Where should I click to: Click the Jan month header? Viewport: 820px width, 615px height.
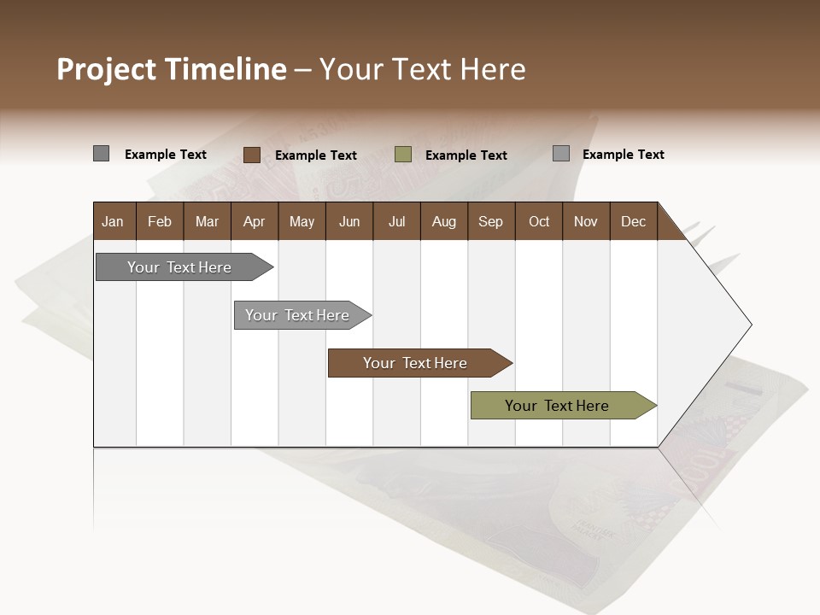coord(114,221)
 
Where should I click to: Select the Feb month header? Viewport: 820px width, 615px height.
coord(160,221)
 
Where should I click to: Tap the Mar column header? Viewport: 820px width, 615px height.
coord(207,221)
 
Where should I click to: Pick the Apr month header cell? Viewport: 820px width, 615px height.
coord(255,221)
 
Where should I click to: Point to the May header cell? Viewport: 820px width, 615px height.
coord(302,221)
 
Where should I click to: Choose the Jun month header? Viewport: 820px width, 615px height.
coord(349,221)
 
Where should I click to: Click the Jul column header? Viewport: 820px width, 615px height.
coord(396,221)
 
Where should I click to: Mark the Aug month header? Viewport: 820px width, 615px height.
coord(444,221)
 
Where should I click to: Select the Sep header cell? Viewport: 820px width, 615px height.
coord(491,221)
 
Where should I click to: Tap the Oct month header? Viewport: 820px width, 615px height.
coord(539,221)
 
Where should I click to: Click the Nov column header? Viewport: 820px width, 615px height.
coord(586,221)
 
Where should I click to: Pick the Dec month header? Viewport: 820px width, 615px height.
coord(634,221)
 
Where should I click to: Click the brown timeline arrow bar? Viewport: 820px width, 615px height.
coord(416,363)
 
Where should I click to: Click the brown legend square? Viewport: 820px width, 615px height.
coord(251,155)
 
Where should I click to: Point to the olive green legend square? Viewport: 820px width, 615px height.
coord(403,155)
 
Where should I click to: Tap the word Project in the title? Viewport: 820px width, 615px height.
coord(107,69)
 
